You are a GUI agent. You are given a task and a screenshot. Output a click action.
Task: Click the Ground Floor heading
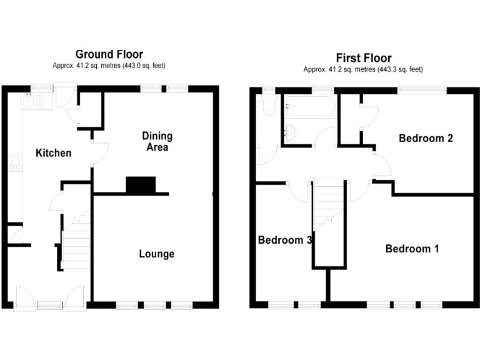[109, 55]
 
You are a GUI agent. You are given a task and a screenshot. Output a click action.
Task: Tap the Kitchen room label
[53, 153]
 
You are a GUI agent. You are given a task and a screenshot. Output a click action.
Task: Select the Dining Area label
[157, 142]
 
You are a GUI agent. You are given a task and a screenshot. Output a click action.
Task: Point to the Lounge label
[156, 254]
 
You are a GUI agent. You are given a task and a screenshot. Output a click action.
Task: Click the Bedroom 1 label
[412, 249]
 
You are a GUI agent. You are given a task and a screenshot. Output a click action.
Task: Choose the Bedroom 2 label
[426, 139]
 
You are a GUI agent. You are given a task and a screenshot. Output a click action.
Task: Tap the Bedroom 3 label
[285, 240]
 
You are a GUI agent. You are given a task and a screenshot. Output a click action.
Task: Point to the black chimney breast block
[141, 185]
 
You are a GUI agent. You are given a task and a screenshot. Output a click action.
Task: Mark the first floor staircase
[328, 219]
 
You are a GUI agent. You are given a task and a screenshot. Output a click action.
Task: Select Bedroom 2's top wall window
[422, 89]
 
